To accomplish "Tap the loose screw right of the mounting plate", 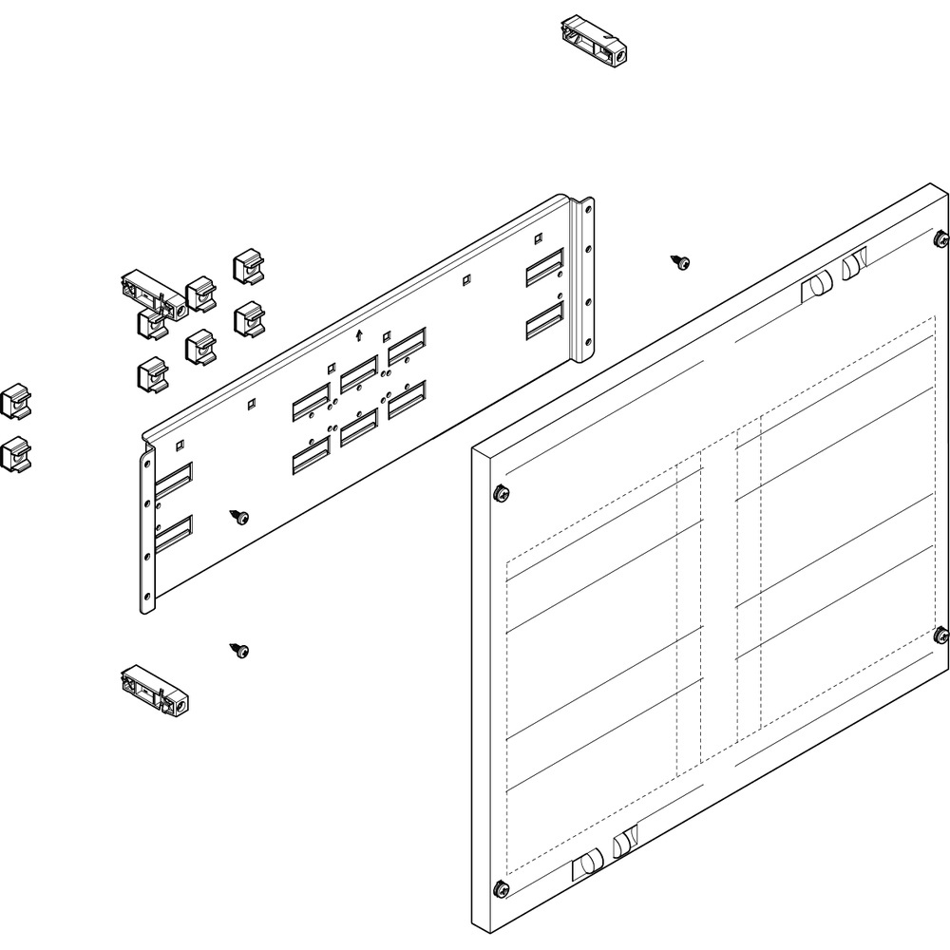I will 680,261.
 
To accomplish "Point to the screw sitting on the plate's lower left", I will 238,516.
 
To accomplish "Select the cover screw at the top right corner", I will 940,236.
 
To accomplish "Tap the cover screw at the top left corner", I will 500,492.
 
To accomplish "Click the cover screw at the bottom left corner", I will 500,889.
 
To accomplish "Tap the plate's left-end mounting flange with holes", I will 146,532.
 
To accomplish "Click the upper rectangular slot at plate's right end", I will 545,271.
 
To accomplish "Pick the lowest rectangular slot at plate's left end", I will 173,536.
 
